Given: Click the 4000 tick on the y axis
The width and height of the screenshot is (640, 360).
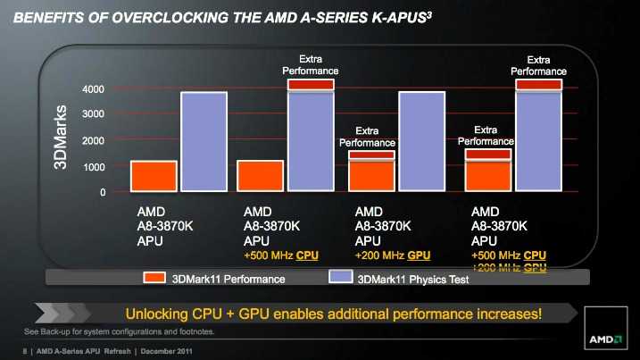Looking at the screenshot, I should pos(93,89).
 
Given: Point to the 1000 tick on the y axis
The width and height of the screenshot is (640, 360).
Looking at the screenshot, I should pos(93,167).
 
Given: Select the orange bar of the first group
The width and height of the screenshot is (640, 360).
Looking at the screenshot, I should pos(154,176).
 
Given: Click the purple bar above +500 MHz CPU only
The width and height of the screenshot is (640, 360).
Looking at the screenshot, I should pos(310,141).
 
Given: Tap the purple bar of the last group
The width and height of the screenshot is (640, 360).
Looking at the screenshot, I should pos(538,141).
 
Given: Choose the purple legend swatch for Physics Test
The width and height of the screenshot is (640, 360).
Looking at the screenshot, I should pos(341,279).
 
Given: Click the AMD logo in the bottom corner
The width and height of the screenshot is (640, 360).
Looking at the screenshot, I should pos(605,339).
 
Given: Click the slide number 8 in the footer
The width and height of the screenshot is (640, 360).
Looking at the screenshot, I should pos(24,352).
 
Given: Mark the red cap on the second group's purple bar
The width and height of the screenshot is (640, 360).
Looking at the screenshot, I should pos(310,84).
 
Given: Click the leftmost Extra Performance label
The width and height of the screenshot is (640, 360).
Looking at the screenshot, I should pos(310,63).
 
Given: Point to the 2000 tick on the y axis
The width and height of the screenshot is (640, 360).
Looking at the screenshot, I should pos(93,141).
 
